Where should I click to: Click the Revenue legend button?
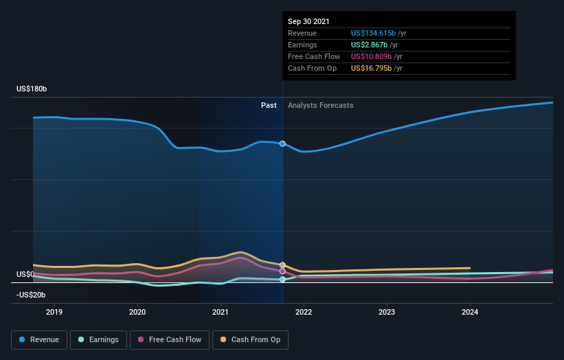coord(40,339)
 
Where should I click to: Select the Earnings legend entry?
coord(99,339)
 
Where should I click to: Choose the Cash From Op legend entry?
coord(250,339)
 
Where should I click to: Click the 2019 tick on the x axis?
coord(54,312)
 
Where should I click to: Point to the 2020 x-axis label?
coord(137,312)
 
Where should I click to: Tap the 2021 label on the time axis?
coord(221,312)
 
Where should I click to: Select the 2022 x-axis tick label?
coord(304,312)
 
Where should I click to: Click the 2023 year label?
coord(387,312)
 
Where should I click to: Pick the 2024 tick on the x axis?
coord(470,312)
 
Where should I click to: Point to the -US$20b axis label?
coord(31,295)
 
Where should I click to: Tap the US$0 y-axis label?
coord(25,274)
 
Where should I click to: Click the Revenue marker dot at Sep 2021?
coord(282,144)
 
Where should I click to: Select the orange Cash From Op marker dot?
coord(282,265)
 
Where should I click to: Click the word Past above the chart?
coord(269,105)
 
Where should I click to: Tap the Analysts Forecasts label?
coord(321,105)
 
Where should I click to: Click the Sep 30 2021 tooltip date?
coord(309,21)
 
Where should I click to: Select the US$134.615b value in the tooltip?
coord(374,33)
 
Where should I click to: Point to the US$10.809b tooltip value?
coord(372,56)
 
